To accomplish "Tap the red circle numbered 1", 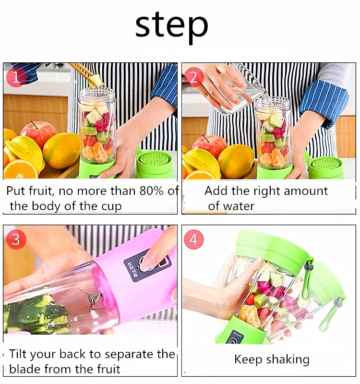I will click(x=16, y=77).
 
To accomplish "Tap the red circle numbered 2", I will click(x=194, y=77).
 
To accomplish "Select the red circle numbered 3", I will click(x=16, y=239).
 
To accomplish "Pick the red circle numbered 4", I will click(x=194, y=239).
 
